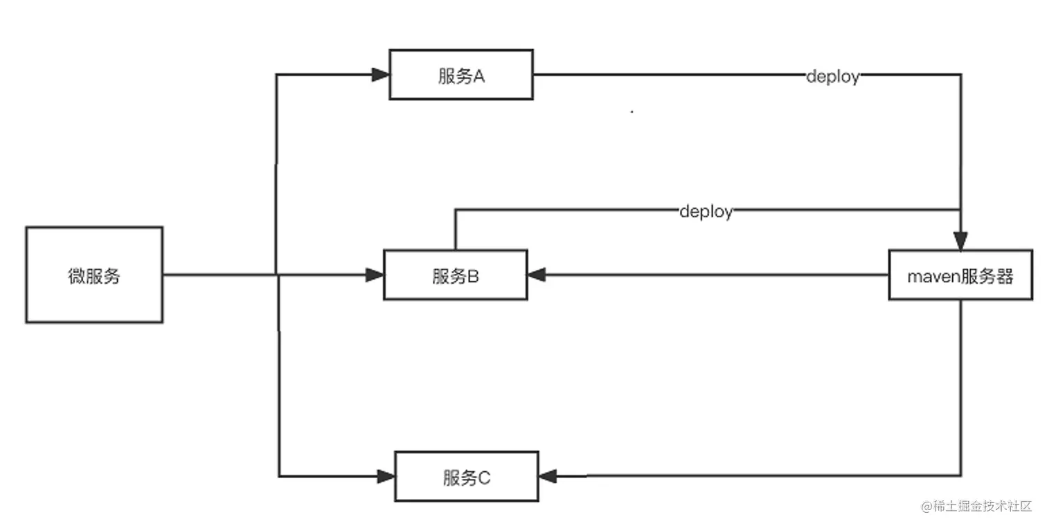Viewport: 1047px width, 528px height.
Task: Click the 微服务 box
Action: click(x=94, y=275)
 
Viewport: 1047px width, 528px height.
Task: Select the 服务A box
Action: click(x=461, y=75)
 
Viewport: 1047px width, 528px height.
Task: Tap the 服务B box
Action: click(x=456, y=275)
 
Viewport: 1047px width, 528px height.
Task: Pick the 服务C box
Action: click(x=466, y=476)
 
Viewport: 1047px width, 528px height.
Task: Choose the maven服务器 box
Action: click(x=960, y=275)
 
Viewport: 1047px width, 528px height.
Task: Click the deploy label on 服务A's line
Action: click(x=832, y=76)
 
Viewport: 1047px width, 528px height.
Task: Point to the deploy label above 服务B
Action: click(x=706, y=211)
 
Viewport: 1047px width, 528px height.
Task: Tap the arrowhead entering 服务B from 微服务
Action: click(x=375, y=275)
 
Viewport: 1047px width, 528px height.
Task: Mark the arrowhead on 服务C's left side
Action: click(x=386, y=476)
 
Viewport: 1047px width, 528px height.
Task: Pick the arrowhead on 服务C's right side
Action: click(x=548, y=476)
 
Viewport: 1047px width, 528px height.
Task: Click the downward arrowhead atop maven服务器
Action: click(x=960, y=242)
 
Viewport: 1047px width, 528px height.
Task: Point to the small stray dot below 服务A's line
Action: click(x=632, y=111)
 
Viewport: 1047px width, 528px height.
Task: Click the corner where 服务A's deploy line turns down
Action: click(x=960, y=74)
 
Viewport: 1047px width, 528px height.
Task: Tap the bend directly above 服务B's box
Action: click(x=455, y=209)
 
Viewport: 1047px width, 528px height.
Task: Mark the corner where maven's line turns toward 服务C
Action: click(x=960, y=475)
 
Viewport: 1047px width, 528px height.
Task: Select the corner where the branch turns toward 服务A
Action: click(x=277, y=75)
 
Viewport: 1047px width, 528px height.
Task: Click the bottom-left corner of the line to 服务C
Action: click(x=279, y=476)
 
